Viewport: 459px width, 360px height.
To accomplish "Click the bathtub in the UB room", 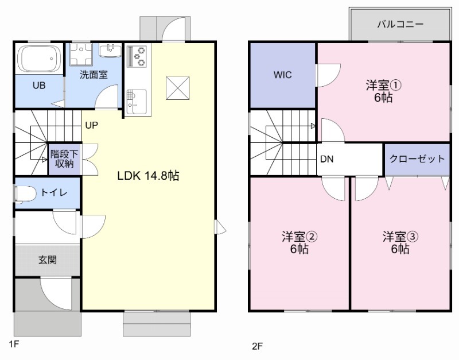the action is click(39, 59).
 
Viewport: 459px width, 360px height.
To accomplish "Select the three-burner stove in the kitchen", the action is click(137, 56).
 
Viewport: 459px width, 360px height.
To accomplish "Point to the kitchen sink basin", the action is click(137, 100).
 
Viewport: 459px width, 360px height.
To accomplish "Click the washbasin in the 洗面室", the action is click(110, 51).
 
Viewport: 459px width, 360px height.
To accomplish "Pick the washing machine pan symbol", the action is click(81, 54).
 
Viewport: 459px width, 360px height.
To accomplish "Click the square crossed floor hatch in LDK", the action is click(178, 88).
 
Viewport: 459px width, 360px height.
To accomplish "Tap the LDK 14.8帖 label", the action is click(148, 176).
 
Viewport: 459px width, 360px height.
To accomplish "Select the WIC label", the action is click(282, 75).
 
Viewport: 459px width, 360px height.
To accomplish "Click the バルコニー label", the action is click(400, 24).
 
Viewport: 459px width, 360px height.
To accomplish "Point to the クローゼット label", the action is click(417, 159).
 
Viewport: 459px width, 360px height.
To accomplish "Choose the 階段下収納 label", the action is click(64, 158).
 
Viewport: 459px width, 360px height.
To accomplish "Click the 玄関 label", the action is click(48, 260).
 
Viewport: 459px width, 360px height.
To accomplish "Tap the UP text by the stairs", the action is click(91, 125).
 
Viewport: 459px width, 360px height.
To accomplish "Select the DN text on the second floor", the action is click(326, 159).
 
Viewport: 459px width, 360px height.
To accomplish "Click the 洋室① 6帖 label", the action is click(383, 91).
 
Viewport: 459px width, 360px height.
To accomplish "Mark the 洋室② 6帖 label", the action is click(299, 242).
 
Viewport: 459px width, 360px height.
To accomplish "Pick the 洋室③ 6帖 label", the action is click(400, 242).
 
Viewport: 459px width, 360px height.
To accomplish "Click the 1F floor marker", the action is click(14, 343).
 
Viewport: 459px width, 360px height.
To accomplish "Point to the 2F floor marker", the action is click(257, 346).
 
